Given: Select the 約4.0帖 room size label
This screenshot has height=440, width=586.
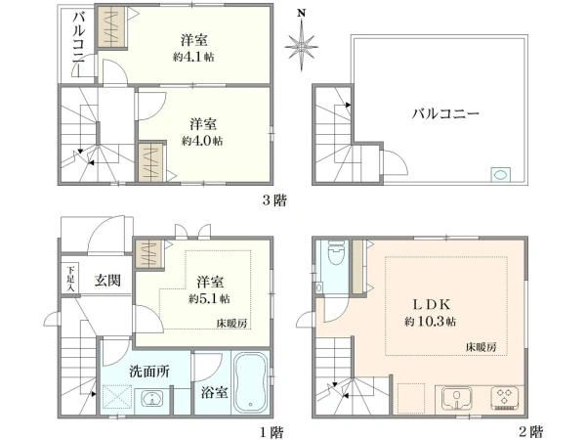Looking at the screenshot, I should (202, 141).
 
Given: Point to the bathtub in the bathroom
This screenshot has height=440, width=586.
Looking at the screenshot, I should (251, 382).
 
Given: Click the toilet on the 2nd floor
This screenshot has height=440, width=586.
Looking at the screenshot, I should (334, 256).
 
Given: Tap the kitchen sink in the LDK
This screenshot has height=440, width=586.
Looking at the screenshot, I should (455, 398).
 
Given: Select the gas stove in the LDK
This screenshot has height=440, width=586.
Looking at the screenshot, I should (504, 398).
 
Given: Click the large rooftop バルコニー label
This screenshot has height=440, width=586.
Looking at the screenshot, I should (444, 113).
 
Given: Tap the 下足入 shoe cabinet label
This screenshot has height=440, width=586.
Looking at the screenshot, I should (70, 278).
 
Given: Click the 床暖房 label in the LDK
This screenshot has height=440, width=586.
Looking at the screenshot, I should (481, 348).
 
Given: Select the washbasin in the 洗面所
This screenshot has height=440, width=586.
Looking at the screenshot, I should (152, 399).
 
